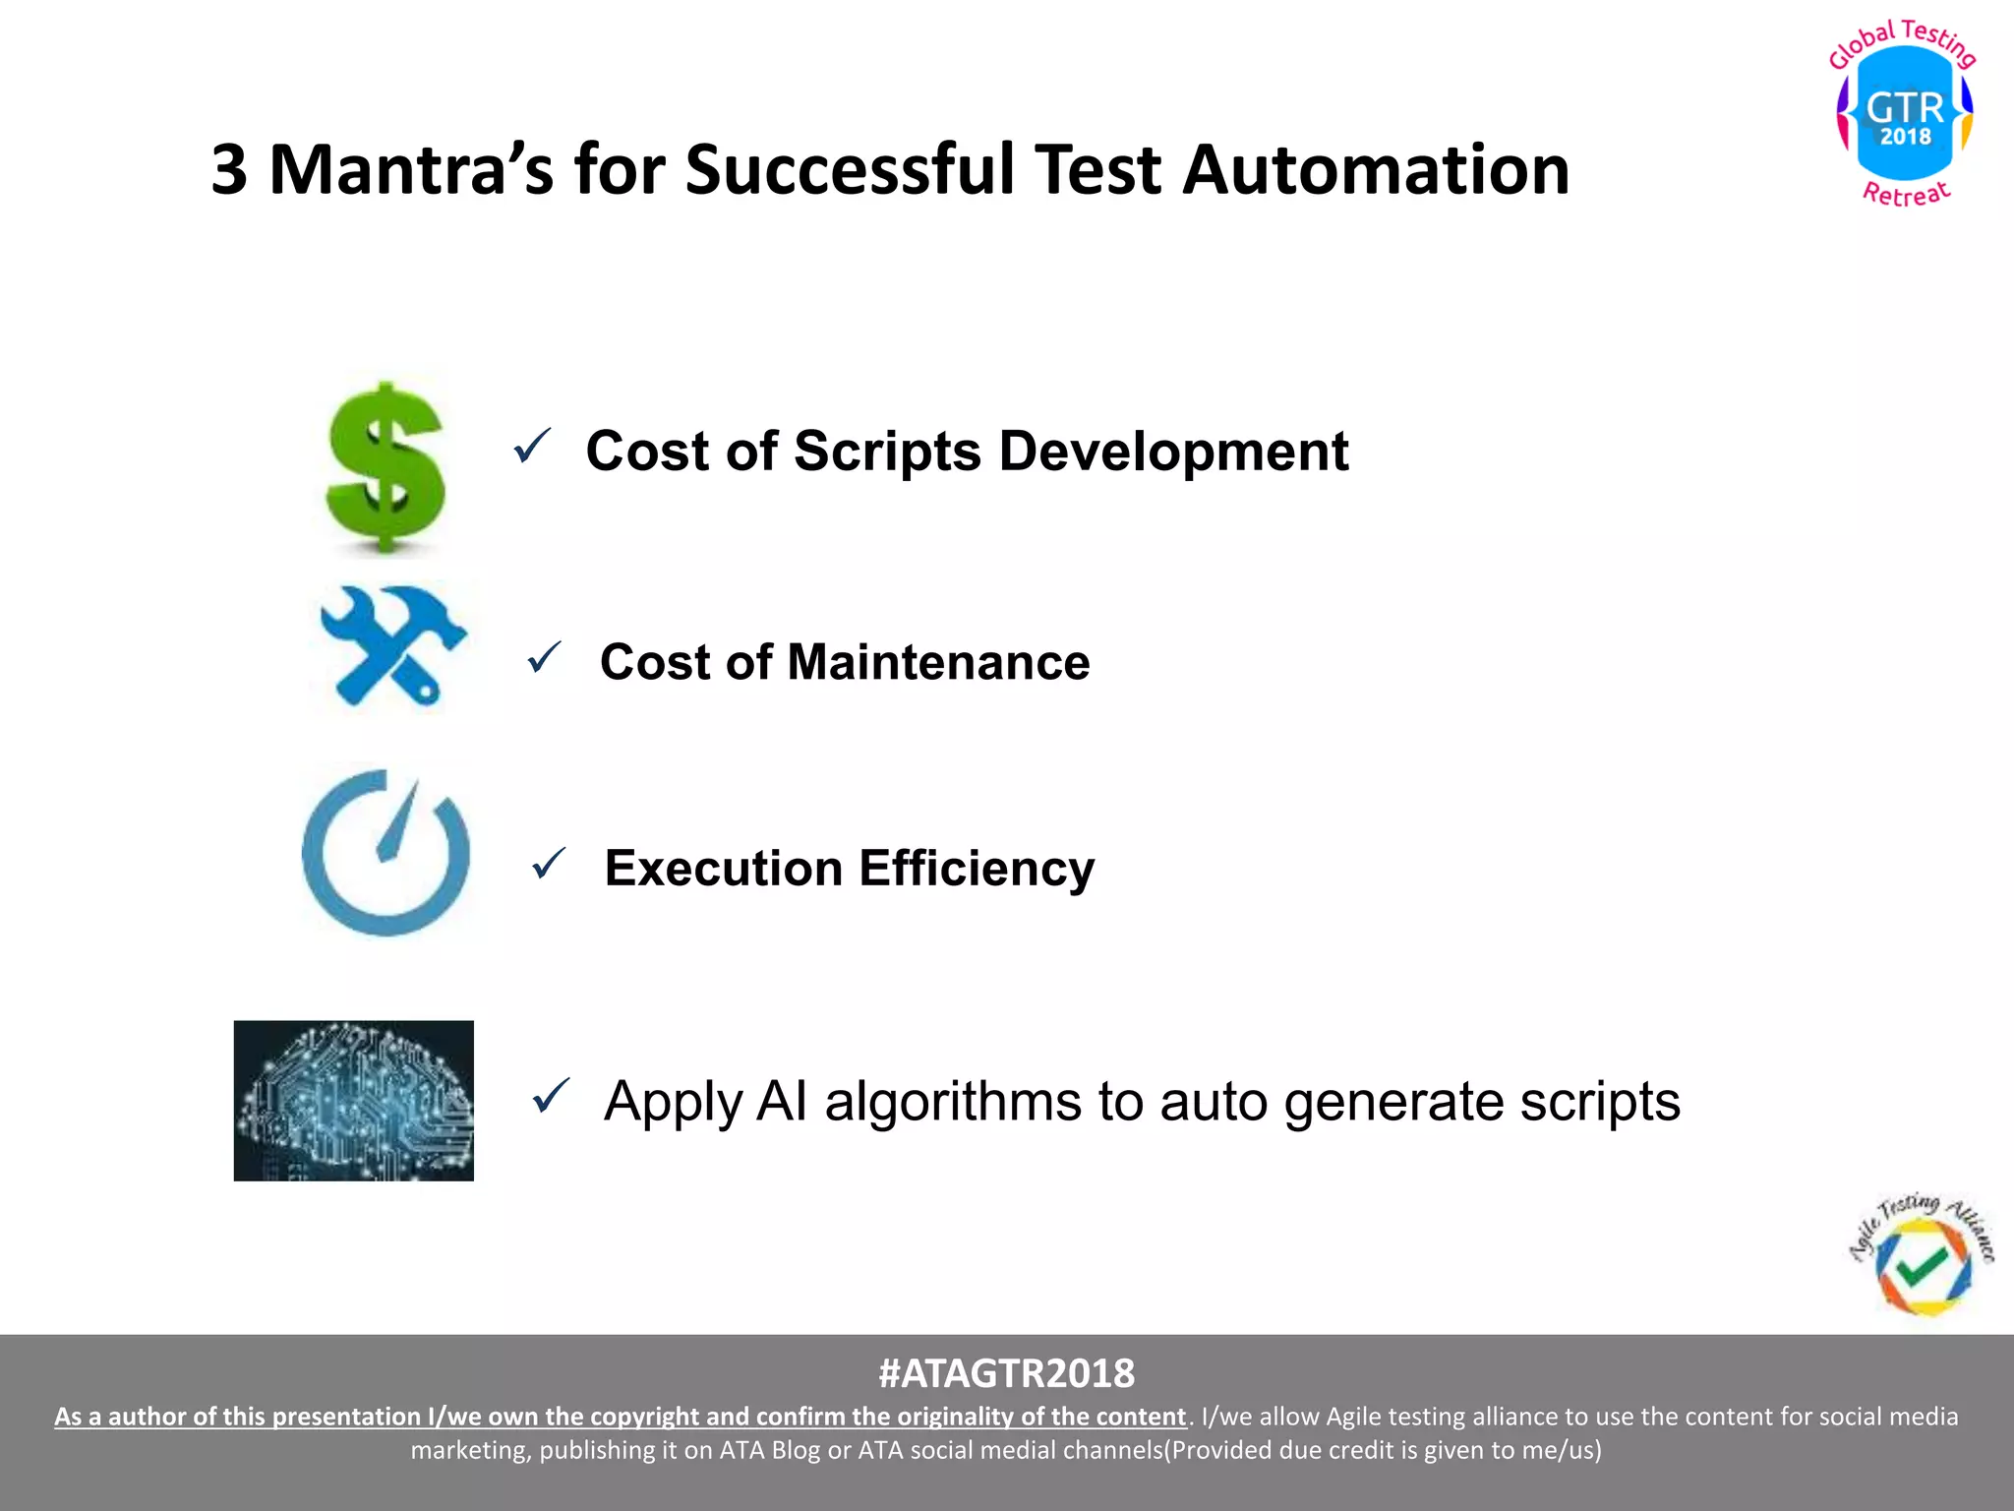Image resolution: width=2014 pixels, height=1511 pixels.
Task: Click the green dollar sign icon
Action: click(x=385, y=466)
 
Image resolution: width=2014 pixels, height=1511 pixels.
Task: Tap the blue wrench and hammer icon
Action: click(x=392, y=645)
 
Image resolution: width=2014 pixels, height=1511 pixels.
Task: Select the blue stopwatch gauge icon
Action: click(x=385, y=852)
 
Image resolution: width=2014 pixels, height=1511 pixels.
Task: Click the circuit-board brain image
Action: click(x=354, y=1100)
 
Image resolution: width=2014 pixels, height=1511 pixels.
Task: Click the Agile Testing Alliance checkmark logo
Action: click(x=1923, y=1259)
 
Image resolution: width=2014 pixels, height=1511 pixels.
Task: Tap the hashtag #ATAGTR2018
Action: click(x=1006, y=1373)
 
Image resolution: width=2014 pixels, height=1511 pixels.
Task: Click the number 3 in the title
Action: click(x=228, y=169)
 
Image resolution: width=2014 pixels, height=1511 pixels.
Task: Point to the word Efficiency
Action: click(x=976, y=869)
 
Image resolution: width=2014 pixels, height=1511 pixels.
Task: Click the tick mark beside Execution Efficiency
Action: click(x=549, y=864)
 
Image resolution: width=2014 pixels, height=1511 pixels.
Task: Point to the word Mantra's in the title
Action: click(x=410, y=169)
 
